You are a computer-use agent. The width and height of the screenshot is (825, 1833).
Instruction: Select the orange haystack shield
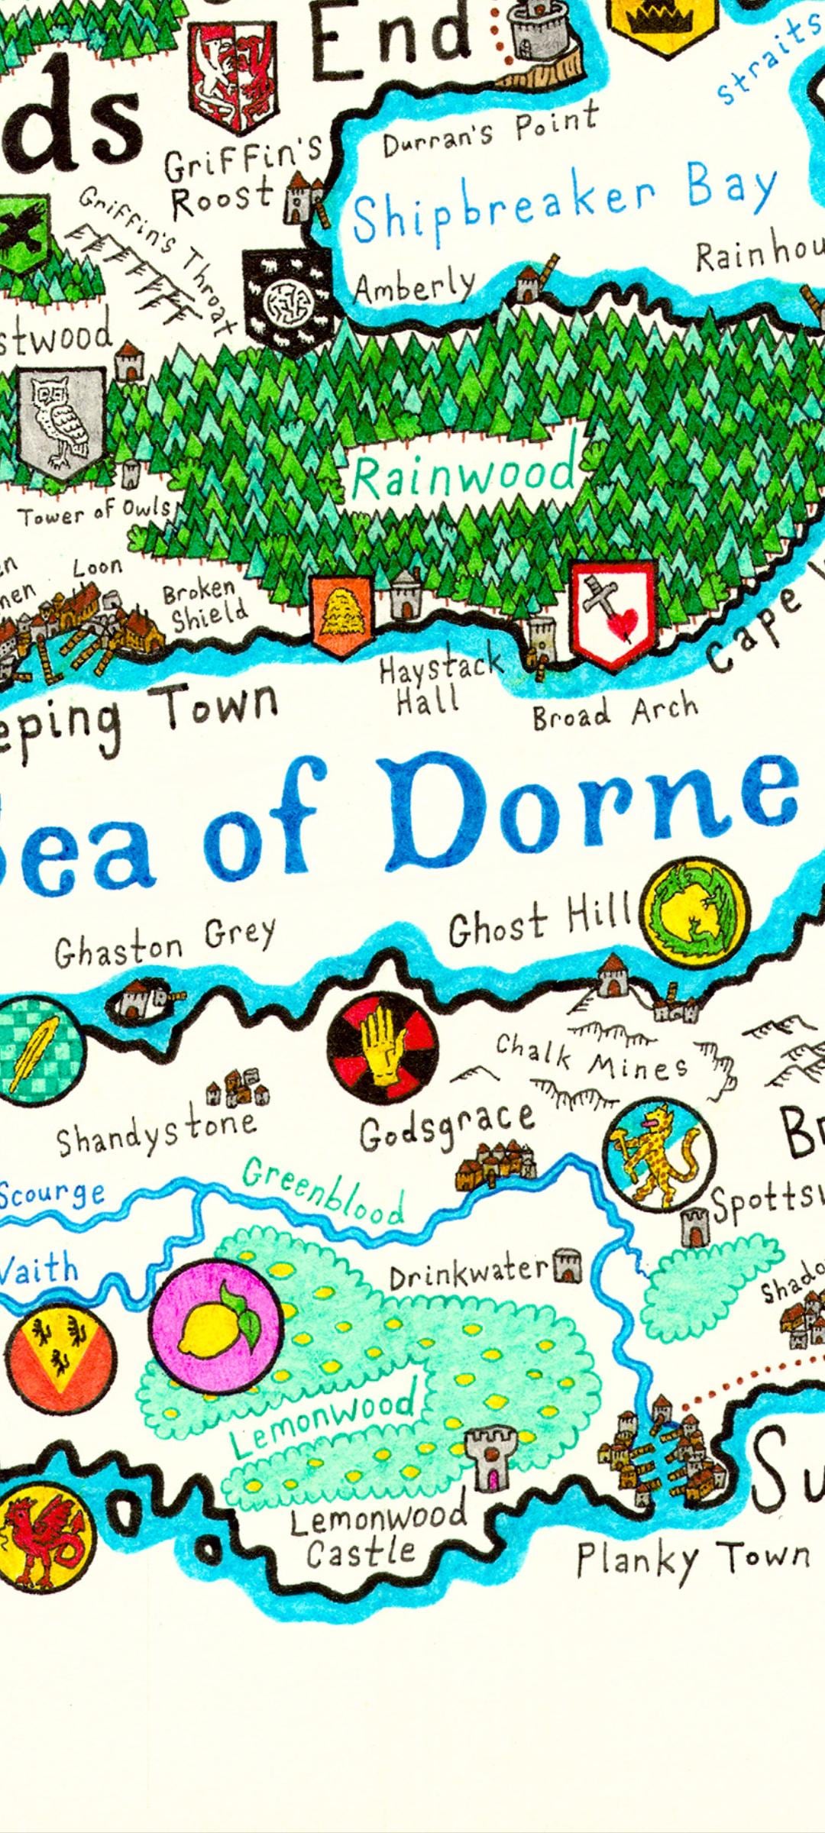click(341, 616)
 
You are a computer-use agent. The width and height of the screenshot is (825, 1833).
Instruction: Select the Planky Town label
click(692, 1558)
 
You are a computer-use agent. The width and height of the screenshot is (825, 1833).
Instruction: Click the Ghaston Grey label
click(164, 942)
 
